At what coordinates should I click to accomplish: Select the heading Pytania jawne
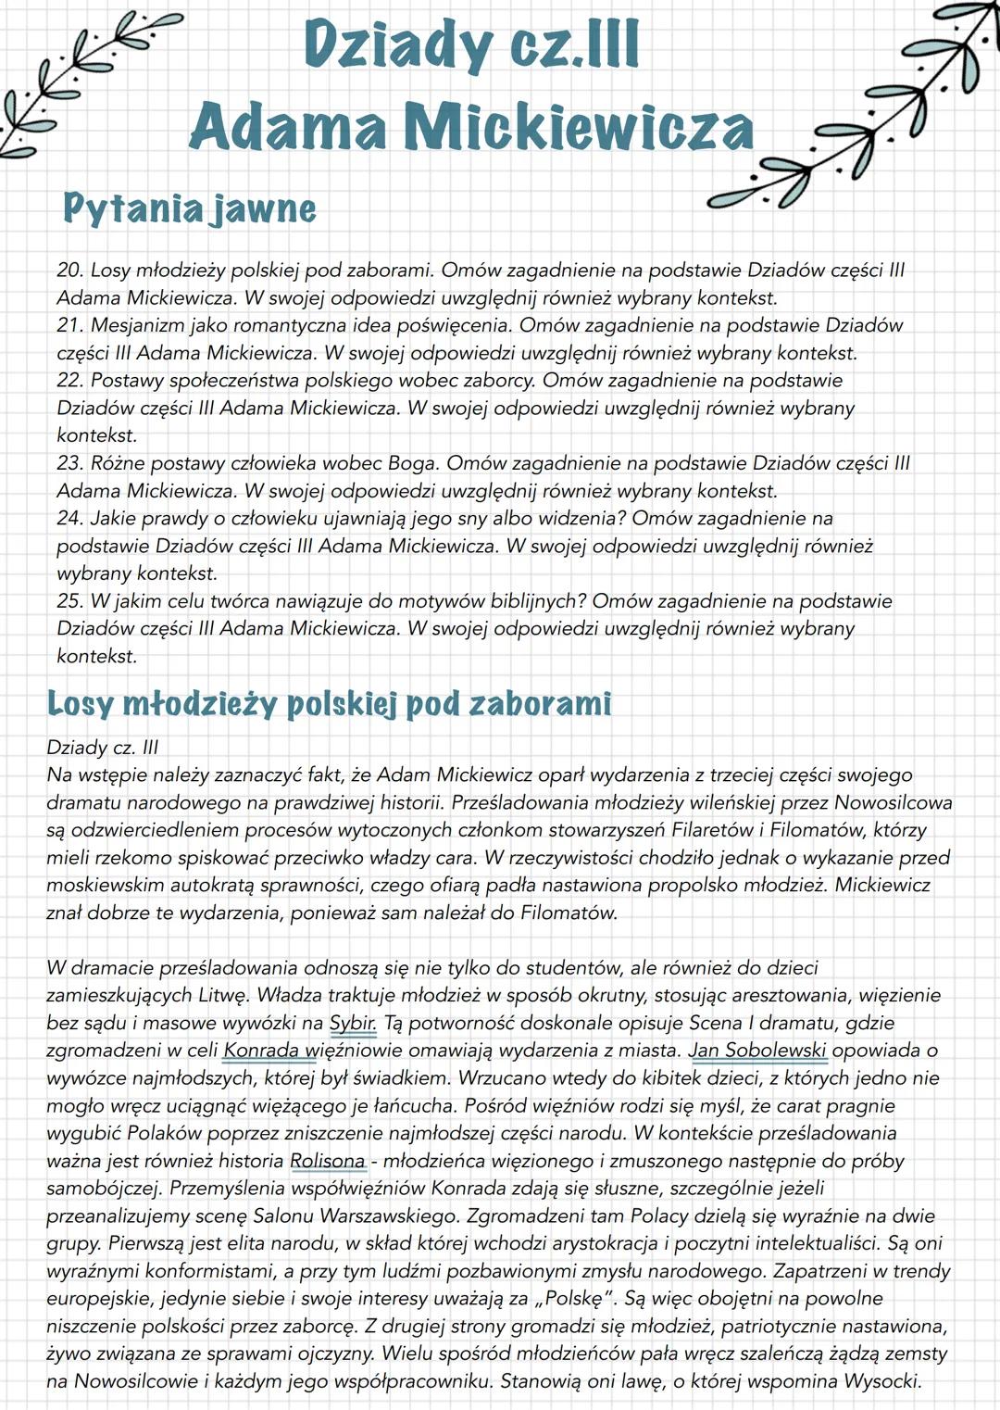pos(189,208)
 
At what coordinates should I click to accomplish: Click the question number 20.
pos(70,271)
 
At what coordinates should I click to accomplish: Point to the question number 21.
pos(70,325)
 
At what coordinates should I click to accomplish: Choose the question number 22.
pos(70,381)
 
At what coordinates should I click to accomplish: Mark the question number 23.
pos(70,463)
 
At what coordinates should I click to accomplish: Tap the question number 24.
pos(70,518)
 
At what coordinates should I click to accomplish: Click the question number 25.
pos(70,601)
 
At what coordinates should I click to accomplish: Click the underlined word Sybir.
pos(353,1023)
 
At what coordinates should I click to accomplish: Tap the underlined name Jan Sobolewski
pos(758,1051)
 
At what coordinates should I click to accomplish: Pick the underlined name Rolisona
pos(328,1161)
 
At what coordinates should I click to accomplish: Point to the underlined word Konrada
pos(262,1051)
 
